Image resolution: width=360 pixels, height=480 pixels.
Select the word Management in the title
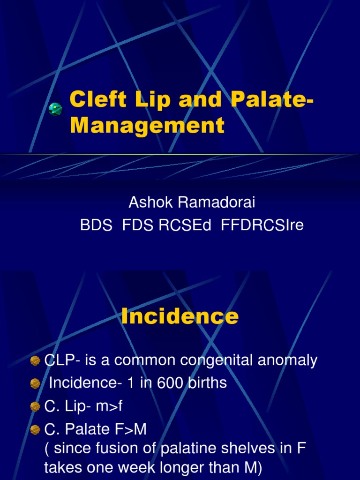pos(147,125)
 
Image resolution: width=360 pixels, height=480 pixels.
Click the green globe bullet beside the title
pos(55,109)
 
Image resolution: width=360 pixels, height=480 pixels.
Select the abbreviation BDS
pos(96,225)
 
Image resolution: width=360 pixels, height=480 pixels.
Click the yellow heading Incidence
pos(180,317)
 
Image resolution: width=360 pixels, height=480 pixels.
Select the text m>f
pos(108,406)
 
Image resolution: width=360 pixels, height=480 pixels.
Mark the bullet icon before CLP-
pos(35,360)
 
